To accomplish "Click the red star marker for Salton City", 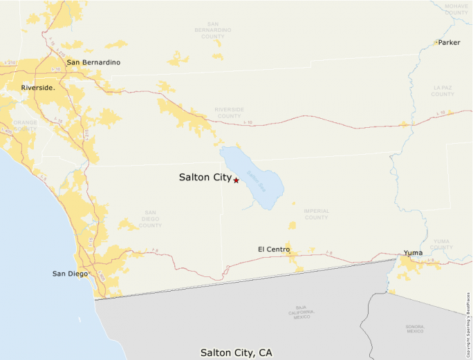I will point(236,180).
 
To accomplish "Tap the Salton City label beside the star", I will point(205,178).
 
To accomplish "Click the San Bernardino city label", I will point(93,62).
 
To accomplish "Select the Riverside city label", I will point(37,88).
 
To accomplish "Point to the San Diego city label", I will point(70,274).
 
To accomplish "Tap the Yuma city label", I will point(414,253).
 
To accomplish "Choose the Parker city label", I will point(449,43).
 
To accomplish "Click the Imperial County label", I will point(316,214).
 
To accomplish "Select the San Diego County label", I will point(150,219).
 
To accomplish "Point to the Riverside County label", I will point(229,113).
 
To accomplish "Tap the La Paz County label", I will point(443,91).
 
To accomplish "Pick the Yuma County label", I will point(441,245).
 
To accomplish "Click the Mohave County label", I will point(456,9).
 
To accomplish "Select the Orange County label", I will point(25,125).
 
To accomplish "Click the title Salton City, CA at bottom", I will point(236,352).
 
